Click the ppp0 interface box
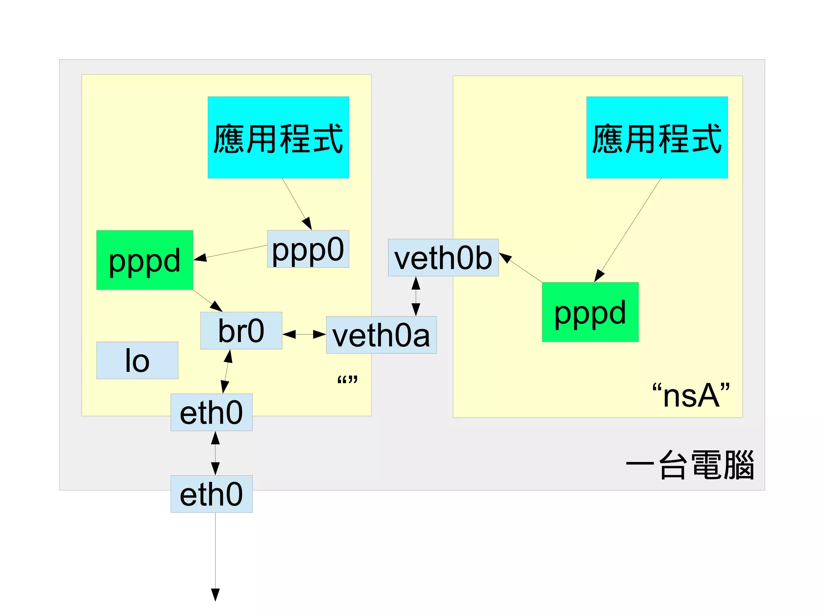point(308,249)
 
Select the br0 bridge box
point(241,331)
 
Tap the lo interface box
point(137,360)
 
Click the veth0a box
point(381,335)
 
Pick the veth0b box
point(443,258)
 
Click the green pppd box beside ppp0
point(144,260)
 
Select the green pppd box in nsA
point(590,312)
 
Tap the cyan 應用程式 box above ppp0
point(278,137)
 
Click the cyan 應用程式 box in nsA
point(657,137)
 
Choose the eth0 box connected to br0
point(211,412)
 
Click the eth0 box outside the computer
point(211,494)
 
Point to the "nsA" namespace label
point(691,395)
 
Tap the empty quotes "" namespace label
point(347,380)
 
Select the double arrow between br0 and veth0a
point(304,334)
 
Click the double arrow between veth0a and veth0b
point(416,296)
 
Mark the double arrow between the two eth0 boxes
point(215,453)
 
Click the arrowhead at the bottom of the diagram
point(215,594)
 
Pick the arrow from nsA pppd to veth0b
point(522,268)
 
